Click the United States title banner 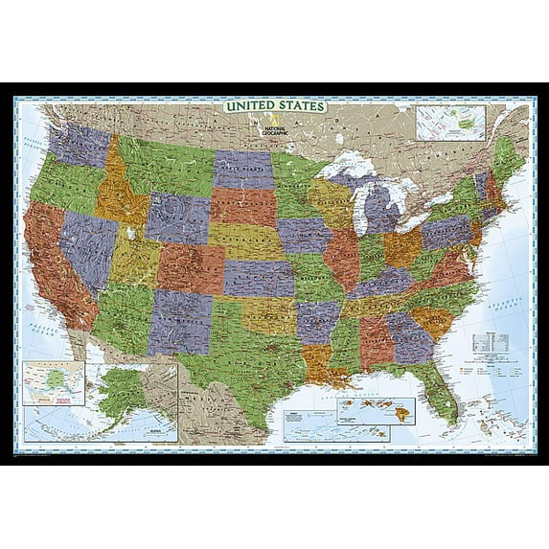coord(274,104)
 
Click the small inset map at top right coord(450,123)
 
